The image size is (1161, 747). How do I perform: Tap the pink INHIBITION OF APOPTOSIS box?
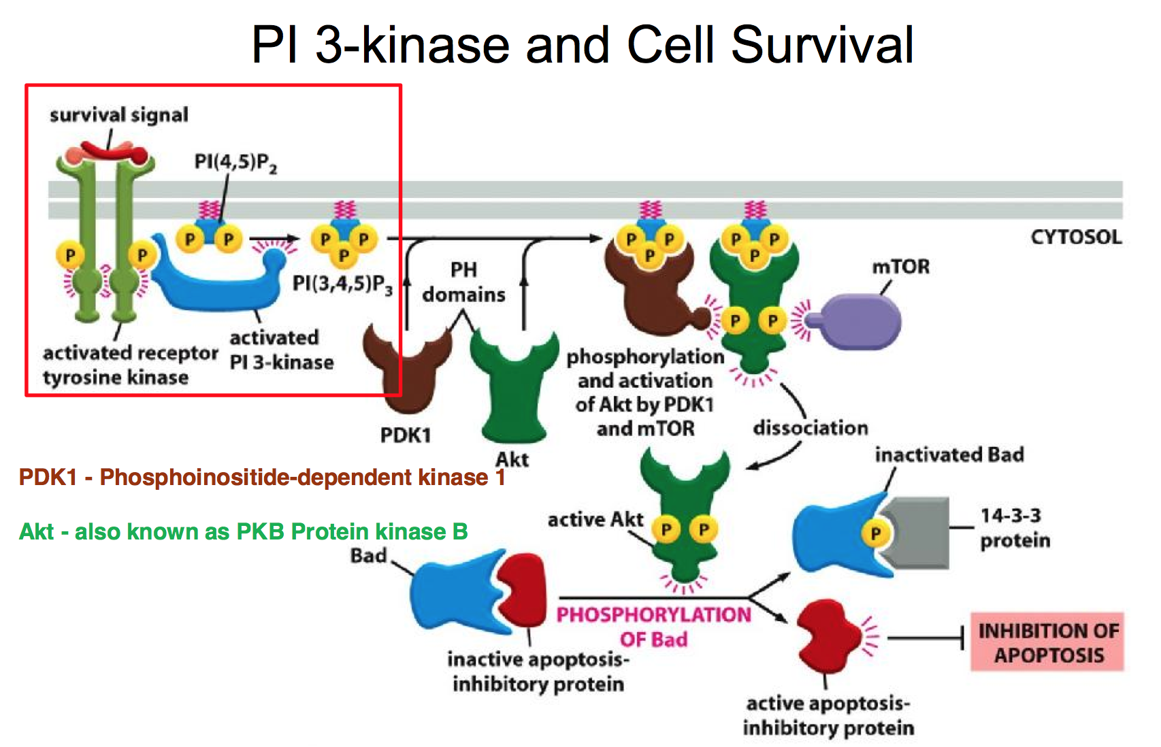click(x=1047, y=642)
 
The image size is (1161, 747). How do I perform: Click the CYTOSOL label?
click(x=1076, y=237)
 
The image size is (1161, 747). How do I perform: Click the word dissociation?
click(x=811, y=428)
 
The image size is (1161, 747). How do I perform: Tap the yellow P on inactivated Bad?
click(x=875, y=533)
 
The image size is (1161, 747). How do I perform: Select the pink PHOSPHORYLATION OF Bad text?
click(x=653, y=627)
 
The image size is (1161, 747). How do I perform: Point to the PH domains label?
click(x=463, y=282)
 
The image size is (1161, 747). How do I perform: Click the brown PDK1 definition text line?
click(x=262, y=477)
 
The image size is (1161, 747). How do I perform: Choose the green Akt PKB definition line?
click(x=243, y=531)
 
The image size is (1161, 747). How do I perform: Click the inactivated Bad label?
click(x=949, y=455)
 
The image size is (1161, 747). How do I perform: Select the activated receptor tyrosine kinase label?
click(x=131, y=365)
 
